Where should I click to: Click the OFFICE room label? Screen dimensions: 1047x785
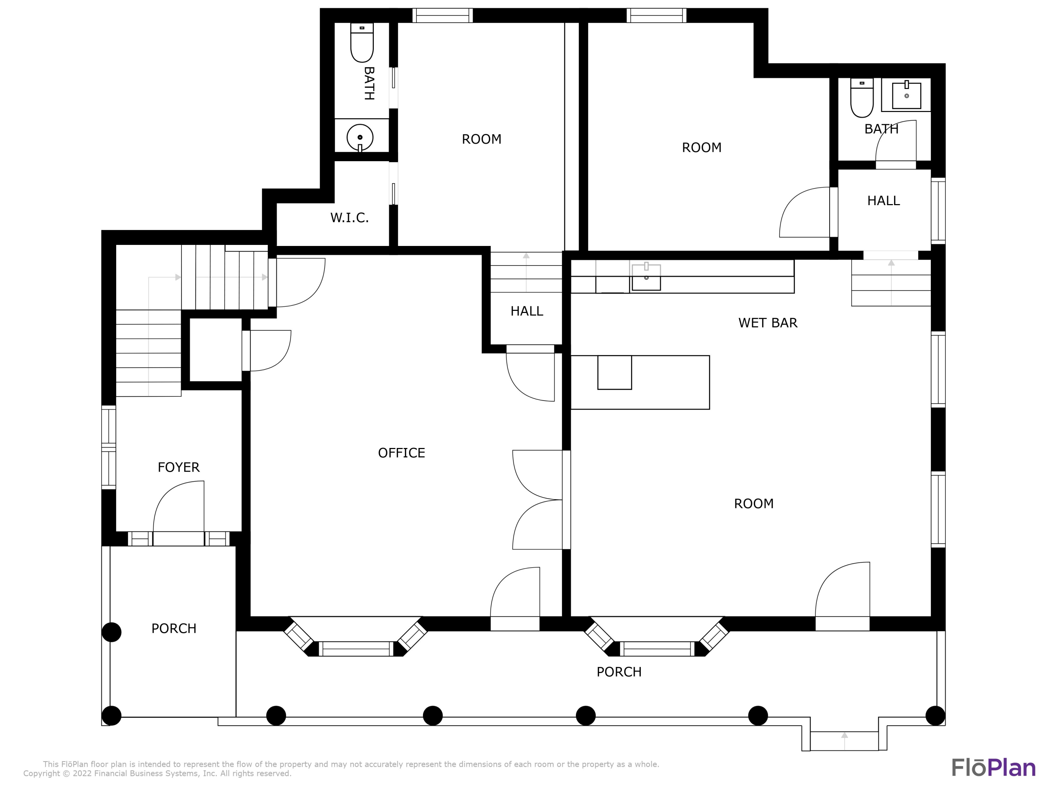[x=401, y=453]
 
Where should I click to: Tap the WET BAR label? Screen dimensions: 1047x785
[x=768, y=323]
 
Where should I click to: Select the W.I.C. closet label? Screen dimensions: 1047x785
[x=349, y=218]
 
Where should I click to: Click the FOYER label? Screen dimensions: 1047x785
[x=178, y=468]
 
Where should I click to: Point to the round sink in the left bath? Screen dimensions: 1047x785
[x=360, y=137]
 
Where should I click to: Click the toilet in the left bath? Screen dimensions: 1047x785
[x=362, y=43]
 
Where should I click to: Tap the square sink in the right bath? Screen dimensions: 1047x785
[x=906, y=95]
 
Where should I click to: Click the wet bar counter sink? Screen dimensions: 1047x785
[x=646, y=276]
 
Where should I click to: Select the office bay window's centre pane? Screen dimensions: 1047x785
[x=356, y=649]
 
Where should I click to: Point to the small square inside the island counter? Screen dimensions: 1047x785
[x=614, y=372]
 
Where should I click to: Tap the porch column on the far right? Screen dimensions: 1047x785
[x=935, y=716]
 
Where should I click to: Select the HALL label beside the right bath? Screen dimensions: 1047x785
[x=883, y=201]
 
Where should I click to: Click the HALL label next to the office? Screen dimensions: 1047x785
[x=526, y=311]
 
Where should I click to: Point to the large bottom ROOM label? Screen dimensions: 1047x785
[x=753, y=503]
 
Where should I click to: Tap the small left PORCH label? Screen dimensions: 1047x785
[x=174, y=628]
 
